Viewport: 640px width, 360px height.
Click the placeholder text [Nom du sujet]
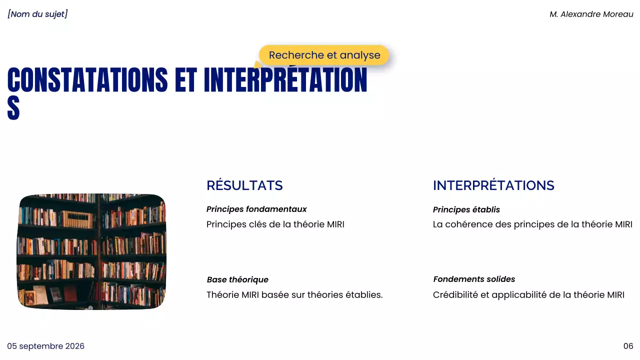point(37,14)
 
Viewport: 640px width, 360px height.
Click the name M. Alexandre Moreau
point(591,14)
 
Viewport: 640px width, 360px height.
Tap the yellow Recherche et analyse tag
point(324,55)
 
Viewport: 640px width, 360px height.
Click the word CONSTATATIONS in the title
point(87,80)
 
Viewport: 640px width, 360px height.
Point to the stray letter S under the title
point(13,108)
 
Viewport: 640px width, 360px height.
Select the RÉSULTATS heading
point(244,185)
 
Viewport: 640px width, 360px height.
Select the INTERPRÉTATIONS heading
point(493,185)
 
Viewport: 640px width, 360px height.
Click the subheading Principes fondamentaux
point(256,209)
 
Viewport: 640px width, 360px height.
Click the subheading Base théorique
point(237,279)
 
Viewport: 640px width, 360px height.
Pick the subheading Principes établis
point(466,209)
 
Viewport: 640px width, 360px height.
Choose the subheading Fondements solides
point(474,279)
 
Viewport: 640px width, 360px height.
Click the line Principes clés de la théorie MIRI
point(275,224)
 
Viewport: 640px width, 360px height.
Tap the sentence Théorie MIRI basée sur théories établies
point(294,295)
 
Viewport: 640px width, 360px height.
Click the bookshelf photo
point(91,251)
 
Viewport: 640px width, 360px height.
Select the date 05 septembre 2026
point(45,346)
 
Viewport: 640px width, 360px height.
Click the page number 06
point(628,346)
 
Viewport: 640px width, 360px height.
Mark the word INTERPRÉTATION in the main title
point(285,80)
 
